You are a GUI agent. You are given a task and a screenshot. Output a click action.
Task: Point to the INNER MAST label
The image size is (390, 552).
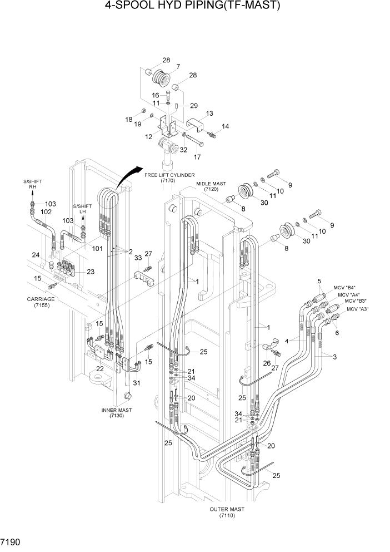click(116, 413)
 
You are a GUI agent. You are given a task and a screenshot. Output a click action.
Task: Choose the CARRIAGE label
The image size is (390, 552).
click(41, 302)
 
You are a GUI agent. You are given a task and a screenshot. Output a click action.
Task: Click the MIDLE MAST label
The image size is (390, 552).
click(209, 186)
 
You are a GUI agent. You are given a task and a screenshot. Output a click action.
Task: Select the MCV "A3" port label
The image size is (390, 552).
click(358, 309)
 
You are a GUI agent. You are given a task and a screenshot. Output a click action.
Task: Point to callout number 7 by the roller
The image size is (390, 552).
click(177, 67)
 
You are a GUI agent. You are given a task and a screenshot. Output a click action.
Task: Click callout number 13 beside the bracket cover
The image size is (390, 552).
click(209, 114)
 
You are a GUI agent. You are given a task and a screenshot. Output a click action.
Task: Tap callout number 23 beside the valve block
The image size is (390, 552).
click(91, 272)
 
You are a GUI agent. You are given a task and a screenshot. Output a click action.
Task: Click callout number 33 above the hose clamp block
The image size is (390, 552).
click(138, 258)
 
